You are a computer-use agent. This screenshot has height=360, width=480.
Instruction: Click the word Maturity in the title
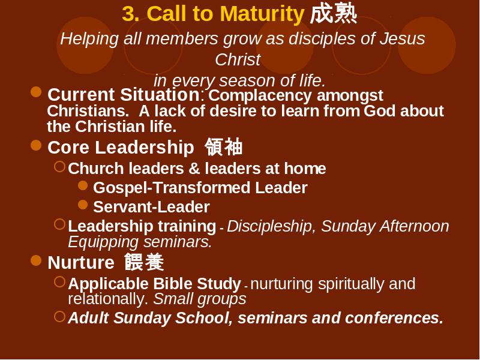pyautogui.click(x=262, y=14)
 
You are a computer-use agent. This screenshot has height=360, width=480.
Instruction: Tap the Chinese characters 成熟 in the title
pyautogui.click(x=334, y=13)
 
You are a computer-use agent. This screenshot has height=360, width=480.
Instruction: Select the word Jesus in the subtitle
pyautogui.click(x=402, y=38)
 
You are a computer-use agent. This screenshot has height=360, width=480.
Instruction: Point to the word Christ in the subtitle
pyautogui.click(x=238, y=59)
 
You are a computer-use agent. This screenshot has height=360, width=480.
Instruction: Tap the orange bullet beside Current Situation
pyautogui.click(x=36, y=92)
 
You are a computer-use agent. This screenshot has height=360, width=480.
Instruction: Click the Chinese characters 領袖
pyautogui.click(x=224, y=147)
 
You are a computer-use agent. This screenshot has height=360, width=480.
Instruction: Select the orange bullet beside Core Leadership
pyautogui.click(x=36, y=145)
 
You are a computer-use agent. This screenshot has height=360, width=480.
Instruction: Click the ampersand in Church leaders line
pyautogui.click(x=194, y=169)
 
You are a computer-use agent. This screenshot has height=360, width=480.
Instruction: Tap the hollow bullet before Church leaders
pyautogui.click(x=59, y=167)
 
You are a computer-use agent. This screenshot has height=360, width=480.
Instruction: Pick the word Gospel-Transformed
pyautogui.click(x=172, y=188)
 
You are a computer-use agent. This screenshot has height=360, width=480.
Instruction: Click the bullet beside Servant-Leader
pyautogui.click(x=83, y=205)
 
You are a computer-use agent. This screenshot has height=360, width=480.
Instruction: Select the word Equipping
pyautogui.click(x=103, y=242)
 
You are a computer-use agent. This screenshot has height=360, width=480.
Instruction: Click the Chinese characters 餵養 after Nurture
pyautogui.click(x=144, y=262)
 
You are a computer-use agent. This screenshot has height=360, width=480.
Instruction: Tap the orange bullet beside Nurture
pyautogui.click(x=36, y=260)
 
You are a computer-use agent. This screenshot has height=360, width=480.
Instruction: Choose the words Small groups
pyautogui.click(x=200, y=299)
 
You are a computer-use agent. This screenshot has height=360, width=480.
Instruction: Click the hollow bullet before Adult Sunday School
pyautogui.click(x=59, y=317)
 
